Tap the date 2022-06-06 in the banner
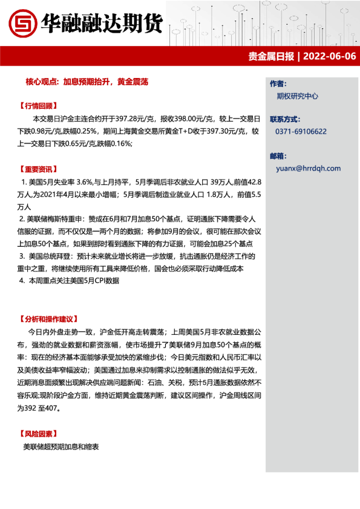[x=329, y=57]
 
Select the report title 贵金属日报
[x=271, y=57]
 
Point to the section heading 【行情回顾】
[x=39, y=105]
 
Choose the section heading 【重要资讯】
[x=39, y=169]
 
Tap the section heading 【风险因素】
[x=39, y=433]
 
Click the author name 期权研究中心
[x=297, y=96]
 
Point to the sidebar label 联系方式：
[x=286, y=118]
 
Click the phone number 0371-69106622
[x=301, y=131]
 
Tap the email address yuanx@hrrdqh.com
[x=308, y=169]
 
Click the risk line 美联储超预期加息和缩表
[x=61, y=447]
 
